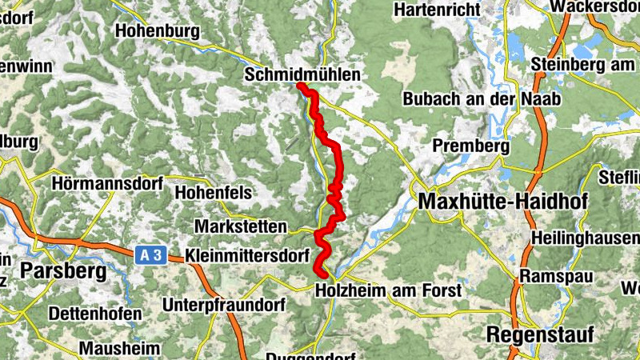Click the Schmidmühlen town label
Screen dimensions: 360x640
coord(302,74)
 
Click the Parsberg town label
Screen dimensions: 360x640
coord(63,270)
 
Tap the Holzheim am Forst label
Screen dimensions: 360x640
coord(389,290)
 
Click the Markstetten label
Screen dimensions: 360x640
coord(240,225)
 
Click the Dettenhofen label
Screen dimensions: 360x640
coord(94,314)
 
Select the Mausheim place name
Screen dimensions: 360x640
coord(119,348)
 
